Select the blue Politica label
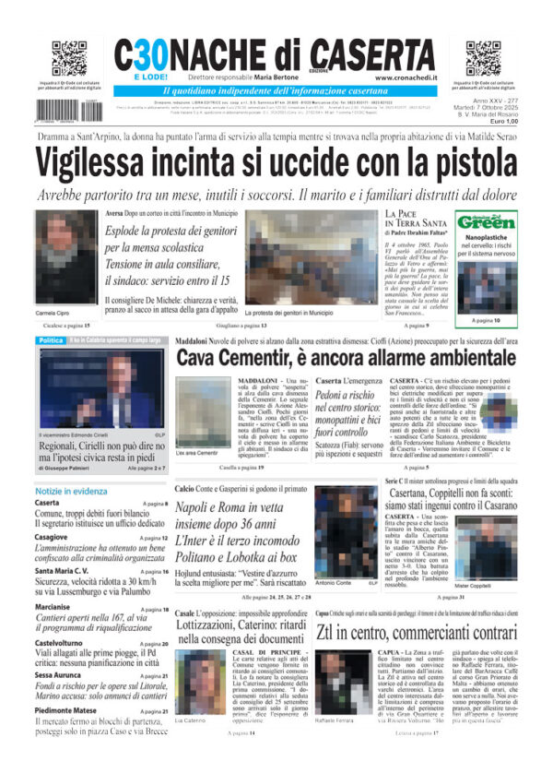51,340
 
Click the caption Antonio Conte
334,584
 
